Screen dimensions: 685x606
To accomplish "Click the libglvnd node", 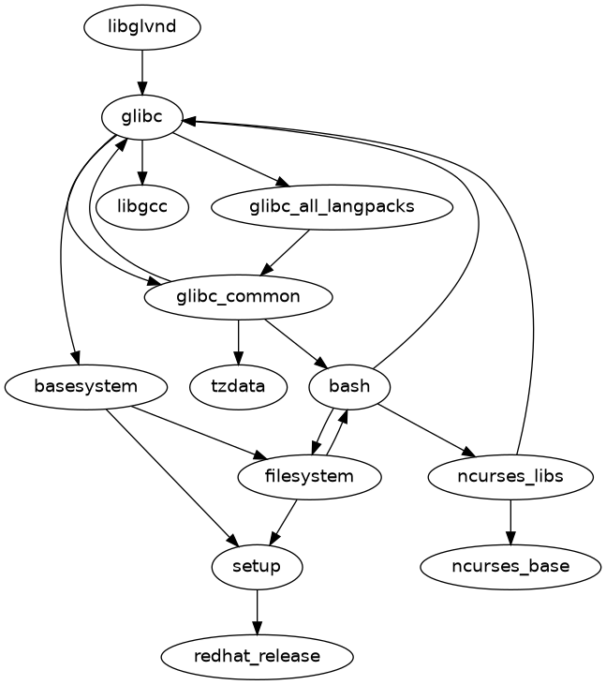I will point(142,27).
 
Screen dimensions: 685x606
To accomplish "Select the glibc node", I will point(142,117).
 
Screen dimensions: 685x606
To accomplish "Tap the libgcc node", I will point(142,206).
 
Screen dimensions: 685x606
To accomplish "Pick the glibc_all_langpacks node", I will point(333,206).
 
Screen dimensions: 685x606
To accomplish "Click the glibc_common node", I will point(239,296).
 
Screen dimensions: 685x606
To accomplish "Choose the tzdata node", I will point(238,385).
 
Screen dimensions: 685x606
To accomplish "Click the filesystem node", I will point(310,476).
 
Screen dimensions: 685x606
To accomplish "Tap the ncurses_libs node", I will point(510,476).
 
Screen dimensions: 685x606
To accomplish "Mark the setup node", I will point(258,566).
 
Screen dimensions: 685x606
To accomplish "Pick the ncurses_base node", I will point(510,566).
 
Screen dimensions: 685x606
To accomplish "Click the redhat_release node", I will point(258,656).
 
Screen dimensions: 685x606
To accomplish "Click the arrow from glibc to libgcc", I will point(142,161).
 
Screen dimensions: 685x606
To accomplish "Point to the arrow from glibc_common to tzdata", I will point(239,341).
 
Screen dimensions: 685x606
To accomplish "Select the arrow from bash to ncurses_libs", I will point(426,429).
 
